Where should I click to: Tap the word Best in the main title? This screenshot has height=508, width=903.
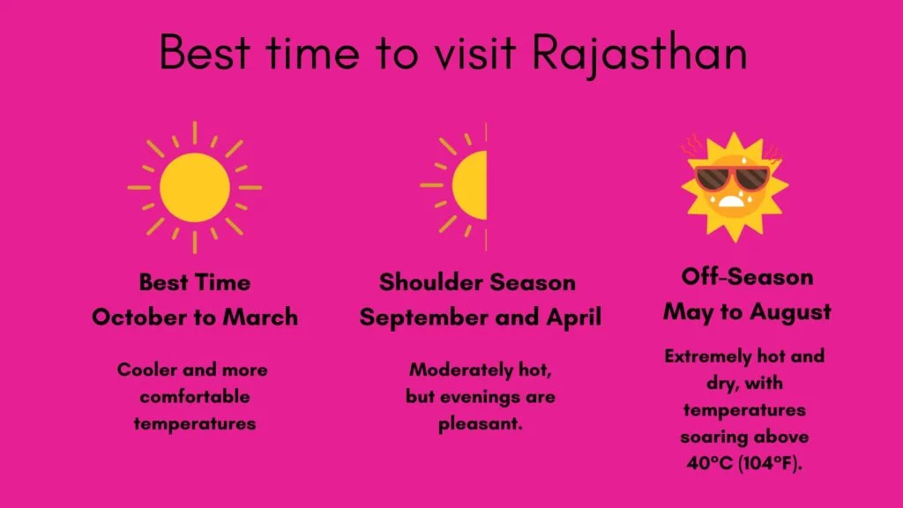(x=205, y=52)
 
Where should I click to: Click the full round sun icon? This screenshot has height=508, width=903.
(x=195, y=187)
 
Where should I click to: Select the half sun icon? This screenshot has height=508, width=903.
(x=454, y=186)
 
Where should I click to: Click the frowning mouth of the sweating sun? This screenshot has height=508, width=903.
(x=731, y=202)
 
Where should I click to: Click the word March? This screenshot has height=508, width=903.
(x=260, y=317)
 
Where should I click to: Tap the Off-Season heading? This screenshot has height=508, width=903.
(x=748, y=277)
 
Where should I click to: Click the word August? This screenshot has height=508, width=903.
(x=791, y=313)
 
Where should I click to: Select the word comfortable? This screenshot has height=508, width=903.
(x=195, y=397)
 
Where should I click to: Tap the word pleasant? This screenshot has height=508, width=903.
(x=481, y=424)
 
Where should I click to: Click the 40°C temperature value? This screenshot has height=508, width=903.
(x=710, y=463)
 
